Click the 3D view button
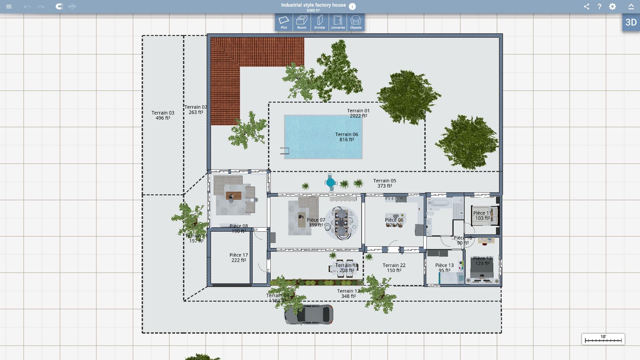631,22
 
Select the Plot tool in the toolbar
284,22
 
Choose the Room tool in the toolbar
302,22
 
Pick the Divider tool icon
320,22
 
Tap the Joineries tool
338,22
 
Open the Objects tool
356,22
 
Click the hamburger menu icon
9,6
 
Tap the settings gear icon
612,6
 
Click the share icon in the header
586,6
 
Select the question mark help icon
599,6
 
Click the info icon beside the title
352,6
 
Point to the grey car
309,314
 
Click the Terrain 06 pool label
347,137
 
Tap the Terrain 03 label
163,115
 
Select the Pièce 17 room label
239,257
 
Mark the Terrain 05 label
385,183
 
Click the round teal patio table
330,183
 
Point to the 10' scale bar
603,339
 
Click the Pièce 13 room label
444,268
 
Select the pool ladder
285,151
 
